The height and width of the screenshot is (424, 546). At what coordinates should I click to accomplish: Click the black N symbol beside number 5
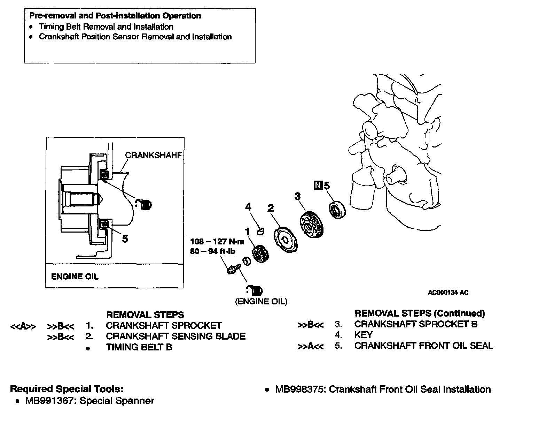point(318,185)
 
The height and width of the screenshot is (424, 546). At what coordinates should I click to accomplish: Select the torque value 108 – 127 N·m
point(217,241)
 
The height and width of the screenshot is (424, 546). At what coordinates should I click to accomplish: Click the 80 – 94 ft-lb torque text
point(212,251)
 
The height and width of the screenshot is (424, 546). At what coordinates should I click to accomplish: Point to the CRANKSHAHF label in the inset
point(153,155)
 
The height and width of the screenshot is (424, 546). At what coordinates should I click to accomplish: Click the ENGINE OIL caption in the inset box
point(75,277)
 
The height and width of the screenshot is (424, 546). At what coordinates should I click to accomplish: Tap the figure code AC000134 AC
point(448,293)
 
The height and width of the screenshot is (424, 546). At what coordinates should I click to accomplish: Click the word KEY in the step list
point(364,335)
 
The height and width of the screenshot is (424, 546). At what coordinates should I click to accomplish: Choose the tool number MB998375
point(300,389)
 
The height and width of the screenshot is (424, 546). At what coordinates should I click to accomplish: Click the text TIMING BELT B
point(139,347)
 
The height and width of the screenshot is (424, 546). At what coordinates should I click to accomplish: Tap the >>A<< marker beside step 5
point(311,346)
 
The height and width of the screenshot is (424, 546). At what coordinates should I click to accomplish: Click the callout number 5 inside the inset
point(125,239)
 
